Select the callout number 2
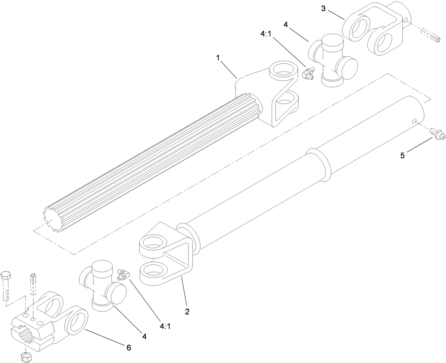point(187,312)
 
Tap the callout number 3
point(323,8)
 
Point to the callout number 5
point(402,156)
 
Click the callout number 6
point(128,348)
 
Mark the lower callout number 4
point(145,336)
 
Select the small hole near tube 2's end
point(414,121)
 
